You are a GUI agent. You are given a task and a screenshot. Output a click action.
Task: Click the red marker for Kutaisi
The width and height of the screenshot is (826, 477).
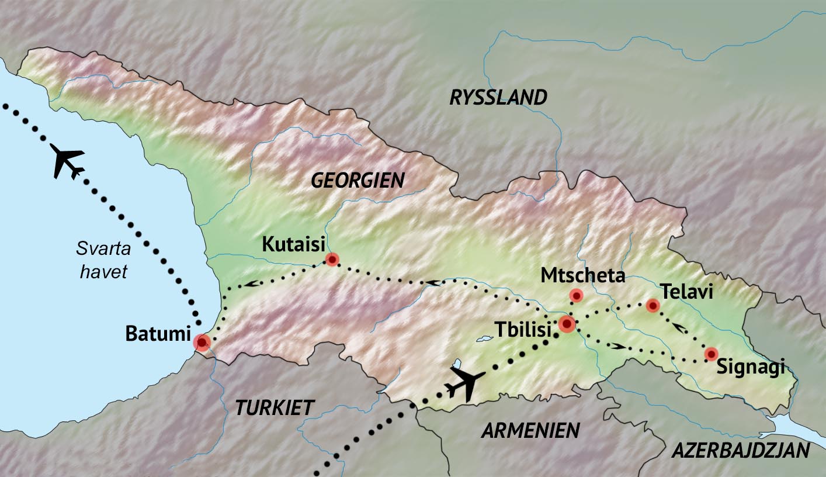332,259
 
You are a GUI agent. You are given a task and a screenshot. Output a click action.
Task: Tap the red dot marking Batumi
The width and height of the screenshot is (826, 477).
202,342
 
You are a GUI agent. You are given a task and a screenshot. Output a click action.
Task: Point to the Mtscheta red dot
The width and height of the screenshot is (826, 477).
577,296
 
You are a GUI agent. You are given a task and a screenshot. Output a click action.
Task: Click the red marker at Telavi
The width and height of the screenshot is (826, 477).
653,305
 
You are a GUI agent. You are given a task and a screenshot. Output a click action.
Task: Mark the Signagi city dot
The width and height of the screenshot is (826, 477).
711,354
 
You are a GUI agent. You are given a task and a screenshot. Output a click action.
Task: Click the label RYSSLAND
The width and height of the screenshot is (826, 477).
498,98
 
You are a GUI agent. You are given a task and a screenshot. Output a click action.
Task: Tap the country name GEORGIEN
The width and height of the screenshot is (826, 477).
358,181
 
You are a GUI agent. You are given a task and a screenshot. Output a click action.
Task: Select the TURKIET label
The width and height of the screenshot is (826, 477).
275,407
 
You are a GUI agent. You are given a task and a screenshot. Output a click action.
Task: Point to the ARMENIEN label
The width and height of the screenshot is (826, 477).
530,431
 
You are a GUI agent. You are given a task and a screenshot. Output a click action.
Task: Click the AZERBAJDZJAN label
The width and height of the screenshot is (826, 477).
740,451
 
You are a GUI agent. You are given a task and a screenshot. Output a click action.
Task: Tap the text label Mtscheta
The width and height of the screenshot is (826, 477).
582,275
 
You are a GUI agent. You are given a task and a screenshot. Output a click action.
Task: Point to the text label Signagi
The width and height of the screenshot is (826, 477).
750,369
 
